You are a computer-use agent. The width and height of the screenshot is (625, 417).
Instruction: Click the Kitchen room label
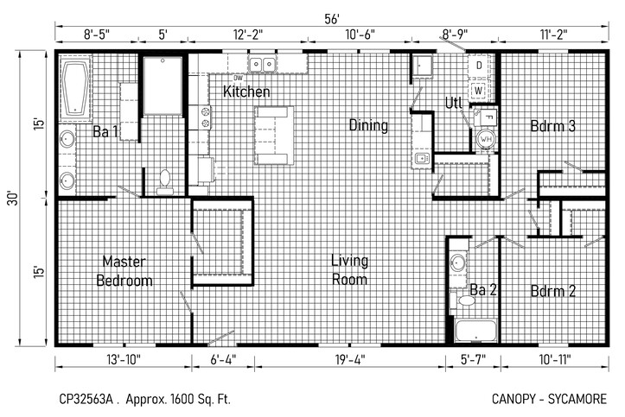point(246,92)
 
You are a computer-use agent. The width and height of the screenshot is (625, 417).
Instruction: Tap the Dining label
point(368,125)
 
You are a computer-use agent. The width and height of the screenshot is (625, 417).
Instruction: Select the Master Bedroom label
point(124,271)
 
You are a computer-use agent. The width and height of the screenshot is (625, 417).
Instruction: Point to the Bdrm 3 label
point(553,126)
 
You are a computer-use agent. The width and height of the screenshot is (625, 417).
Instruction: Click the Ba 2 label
point(483,290)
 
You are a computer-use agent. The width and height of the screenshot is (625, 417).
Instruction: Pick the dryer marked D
point(479,66)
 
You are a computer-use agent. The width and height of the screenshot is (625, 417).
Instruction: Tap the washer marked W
point(479,91)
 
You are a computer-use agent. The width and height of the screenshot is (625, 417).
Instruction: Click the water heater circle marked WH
point(486,139)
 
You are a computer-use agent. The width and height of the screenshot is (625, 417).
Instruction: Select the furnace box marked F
point(486,117)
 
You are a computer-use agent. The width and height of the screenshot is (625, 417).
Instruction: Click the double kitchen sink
point(262,64)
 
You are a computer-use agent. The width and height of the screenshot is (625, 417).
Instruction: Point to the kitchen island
point(274,136)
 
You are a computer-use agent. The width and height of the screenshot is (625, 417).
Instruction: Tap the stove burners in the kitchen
point(205,117)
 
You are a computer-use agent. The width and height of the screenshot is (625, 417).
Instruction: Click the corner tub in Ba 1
point(75,88)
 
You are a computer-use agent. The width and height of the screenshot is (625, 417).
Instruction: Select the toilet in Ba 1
point(164,181)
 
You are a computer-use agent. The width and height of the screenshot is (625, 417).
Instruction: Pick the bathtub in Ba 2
point(476,331)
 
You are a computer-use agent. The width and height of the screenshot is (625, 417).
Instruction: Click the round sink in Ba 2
point(458,263)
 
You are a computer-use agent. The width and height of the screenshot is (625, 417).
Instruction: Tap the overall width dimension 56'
point(332,19)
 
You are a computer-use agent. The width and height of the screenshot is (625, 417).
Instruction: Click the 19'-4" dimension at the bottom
point(350,360)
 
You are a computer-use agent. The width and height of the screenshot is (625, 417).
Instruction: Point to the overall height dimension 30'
point(13,198)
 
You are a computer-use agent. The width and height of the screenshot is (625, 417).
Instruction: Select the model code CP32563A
point(86,399)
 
